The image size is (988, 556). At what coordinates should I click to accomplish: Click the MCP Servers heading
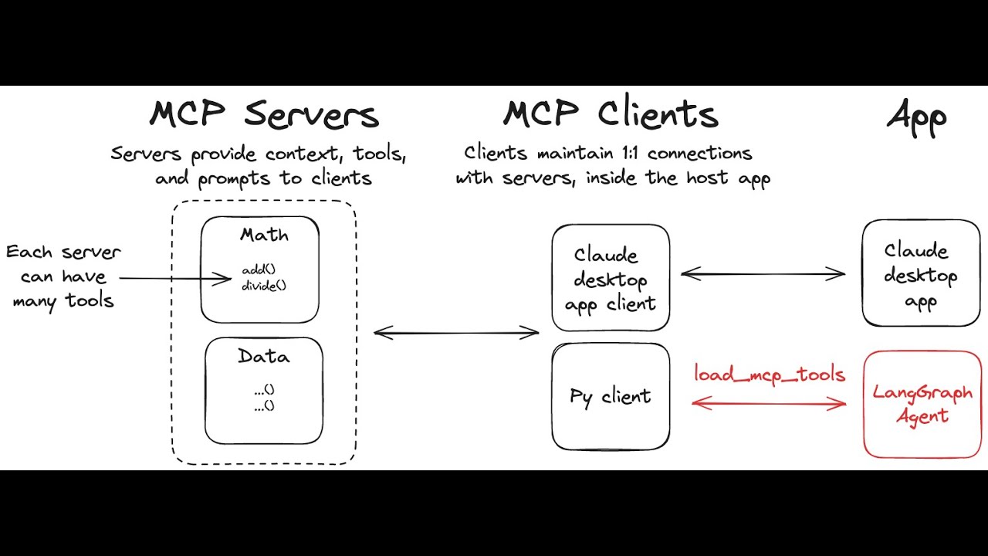(264, 115)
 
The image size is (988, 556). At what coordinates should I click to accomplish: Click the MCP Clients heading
(611, 115)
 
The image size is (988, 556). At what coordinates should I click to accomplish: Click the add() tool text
(259, 270)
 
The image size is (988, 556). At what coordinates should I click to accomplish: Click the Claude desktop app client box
(611, 278)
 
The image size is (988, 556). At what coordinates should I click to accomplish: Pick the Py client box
(611, 397)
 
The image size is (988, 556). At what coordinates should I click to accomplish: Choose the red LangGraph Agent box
(922, 404)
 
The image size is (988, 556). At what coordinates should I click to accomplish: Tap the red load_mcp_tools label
(770, 375)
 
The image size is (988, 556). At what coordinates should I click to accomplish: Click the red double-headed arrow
(770, 402)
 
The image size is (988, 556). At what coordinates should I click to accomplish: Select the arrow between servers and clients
(456, 333)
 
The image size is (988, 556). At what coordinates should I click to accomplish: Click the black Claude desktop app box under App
(920, 273)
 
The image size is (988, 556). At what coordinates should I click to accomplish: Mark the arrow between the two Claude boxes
(763, 273)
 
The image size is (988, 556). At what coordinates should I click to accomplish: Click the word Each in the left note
(30, 253)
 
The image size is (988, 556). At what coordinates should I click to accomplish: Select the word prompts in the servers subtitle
(236, 179)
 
